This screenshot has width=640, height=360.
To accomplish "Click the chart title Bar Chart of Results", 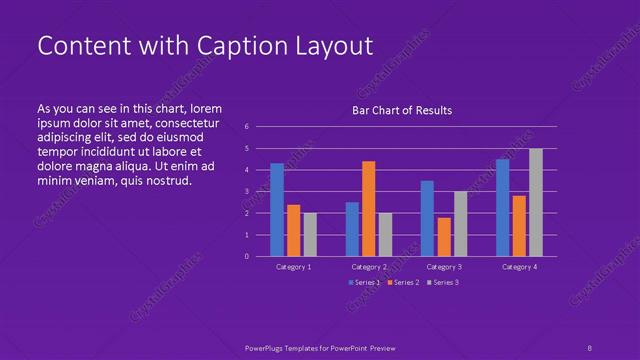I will (402, 110).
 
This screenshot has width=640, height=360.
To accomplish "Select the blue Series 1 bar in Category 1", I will (277, 210).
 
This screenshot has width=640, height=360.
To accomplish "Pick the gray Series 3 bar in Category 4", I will (536, 202).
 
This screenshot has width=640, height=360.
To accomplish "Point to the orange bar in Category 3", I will (443, 237).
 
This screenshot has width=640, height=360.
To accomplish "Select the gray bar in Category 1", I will (310, 234).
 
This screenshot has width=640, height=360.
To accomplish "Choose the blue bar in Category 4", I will (502, 207).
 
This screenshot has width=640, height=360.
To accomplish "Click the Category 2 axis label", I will (369, 267).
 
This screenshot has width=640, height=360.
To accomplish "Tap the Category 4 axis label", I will (519, 267).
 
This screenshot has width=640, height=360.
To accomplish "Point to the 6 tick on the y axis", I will (247, 127).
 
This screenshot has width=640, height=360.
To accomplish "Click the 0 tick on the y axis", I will (247, 257).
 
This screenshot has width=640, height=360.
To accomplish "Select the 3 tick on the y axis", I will (247, 192).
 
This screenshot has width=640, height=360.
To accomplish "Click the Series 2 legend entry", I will (401, 283).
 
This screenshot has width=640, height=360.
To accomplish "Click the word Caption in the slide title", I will (220, 46).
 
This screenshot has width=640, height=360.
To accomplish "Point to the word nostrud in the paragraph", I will (168, 181).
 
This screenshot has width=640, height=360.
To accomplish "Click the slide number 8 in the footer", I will (589, 347).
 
